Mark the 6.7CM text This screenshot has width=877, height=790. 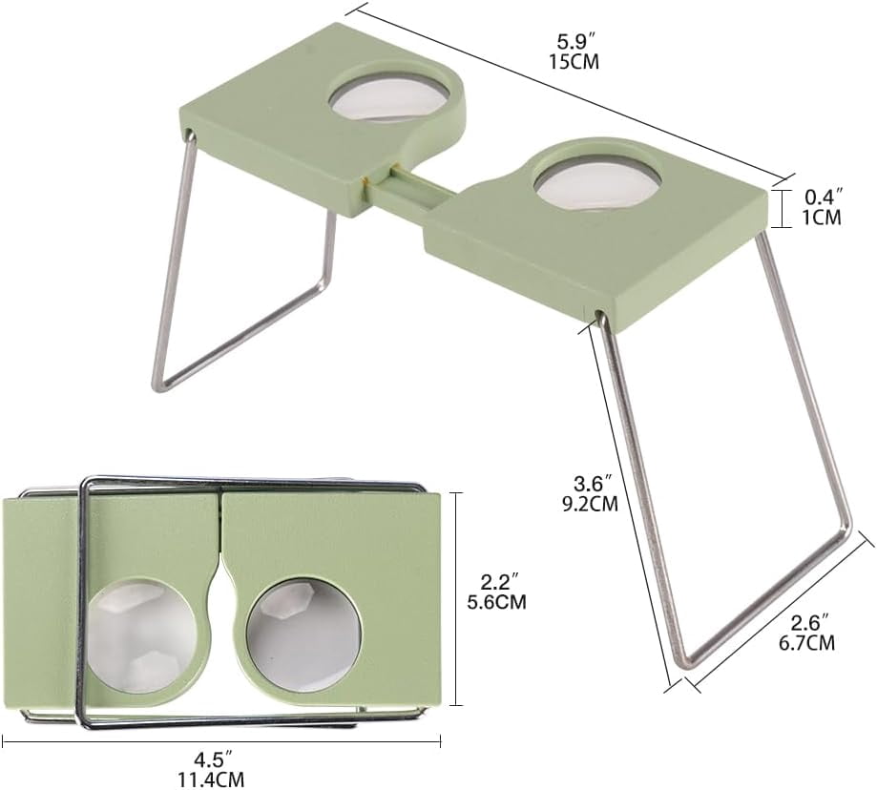tap(807, 643)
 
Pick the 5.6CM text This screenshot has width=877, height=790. tap(496, 602)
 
